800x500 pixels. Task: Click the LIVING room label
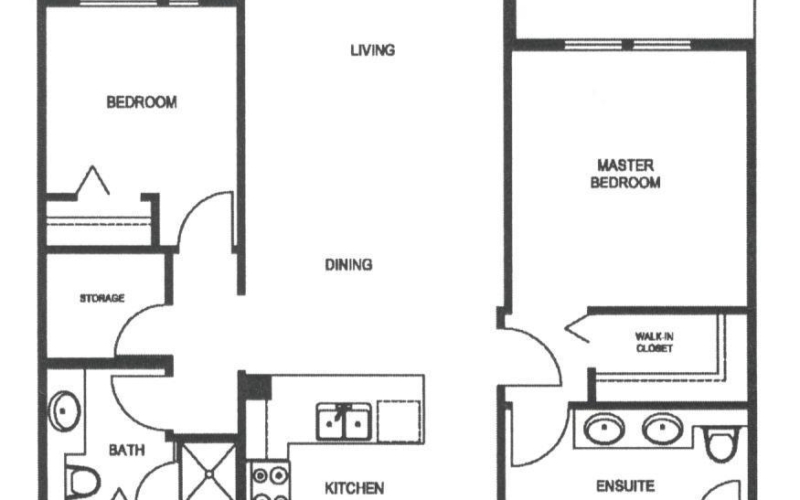(x=372, y=50)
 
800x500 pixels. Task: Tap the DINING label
(x=348, y=264)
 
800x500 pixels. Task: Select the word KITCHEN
(x=354, y=488)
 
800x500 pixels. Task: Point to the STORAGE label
(x=102, y=298)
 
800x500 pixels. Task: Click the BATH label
(x=127, y=450)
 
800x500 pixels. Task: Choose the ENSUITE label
(x=625, y=486)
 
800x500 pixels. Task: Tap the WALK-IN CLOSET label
(x=654, y=342)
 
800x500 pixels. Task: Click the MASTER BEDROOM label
(x=626, y=174)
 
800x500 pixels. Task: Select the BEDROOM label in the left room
(x=141, y=102)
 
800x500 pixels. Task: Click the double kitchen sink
(x=343, y=421)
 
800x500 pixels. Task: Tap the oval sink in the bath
(x=64, y=411)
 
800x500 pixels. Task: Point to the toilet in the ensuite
(x=721, y=443)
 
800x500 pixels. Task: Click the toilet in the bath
(x=83, y=482)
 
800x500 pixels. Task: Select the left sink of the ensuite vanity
(x=604, y=428)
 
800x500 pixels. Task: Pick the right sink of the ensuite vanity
(x=663, y=428)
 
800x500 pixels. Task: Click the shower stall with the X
(x=209, y=472)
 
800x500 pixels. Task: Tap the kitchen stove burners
(x=269, y=481)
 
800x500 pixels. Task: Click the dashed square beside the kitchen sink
(x=399, y=420)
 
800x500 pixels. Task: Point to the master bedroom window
(x=628, y=45)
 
